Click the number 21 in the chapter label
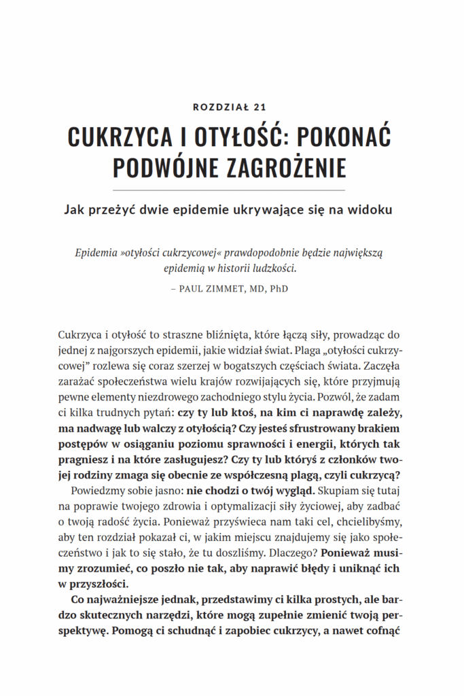(259, 107)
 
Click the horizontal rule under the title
(232, 190)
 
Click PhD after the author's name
(279, 288)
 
